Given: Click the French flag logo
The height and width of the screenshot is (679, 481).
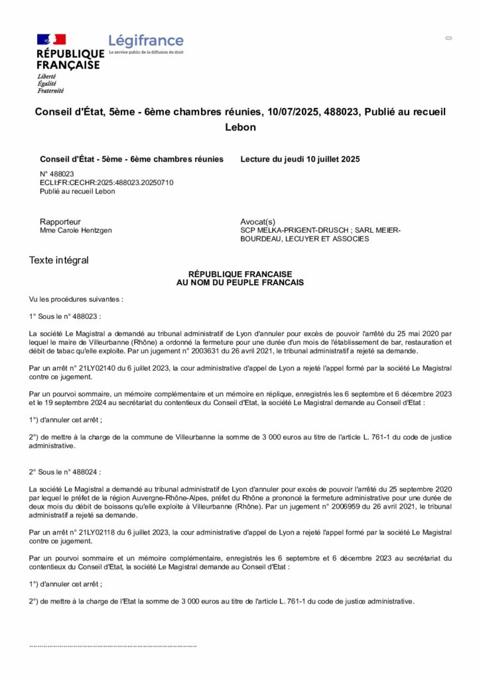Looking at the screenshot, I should point(51,40).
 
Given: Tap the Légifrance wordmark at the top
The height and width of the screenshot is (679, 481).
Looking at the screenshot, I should point(146,41).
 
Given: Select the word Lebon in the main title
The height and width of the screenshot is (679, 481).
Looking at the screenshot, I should point(240,127).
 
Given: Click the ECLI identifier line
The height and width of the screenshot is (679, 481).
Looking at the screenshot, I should point(106,182).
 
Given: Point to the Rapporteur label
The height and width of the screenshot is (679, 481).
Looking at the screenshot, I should point(60,221).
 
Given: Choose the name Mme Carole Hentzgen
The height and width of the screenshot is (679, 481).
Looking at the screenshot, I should point(76,230).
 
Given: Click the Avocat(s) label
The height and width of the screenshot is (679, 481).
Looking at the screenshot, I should point(257,221).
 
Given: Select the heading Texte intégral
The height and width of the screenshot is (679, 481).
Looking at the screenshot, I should point(58,261).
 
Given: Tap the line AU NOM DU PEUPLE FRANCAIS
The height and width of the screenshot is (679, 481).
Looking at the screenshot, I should point(240,282).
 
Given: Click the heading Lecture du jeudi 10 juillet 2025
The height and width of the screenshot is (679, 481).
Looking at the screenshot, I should point(300,159).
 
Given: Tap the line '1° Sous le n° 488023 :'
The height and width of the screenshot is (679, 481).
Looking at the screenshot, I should point(66,316).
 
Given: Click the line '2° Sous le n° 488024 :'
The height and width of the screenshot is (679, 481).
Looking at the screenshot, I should point(66,472).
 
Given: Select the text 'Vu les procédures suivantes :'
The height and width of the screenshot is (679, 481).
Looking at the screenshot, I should point(76,300).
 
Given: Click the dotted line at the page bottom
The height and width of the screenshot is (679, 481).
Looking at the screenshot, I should point(113,645).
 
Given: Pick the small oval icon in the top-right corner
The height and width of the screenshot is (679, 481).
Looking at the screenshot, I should point(448,38).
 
